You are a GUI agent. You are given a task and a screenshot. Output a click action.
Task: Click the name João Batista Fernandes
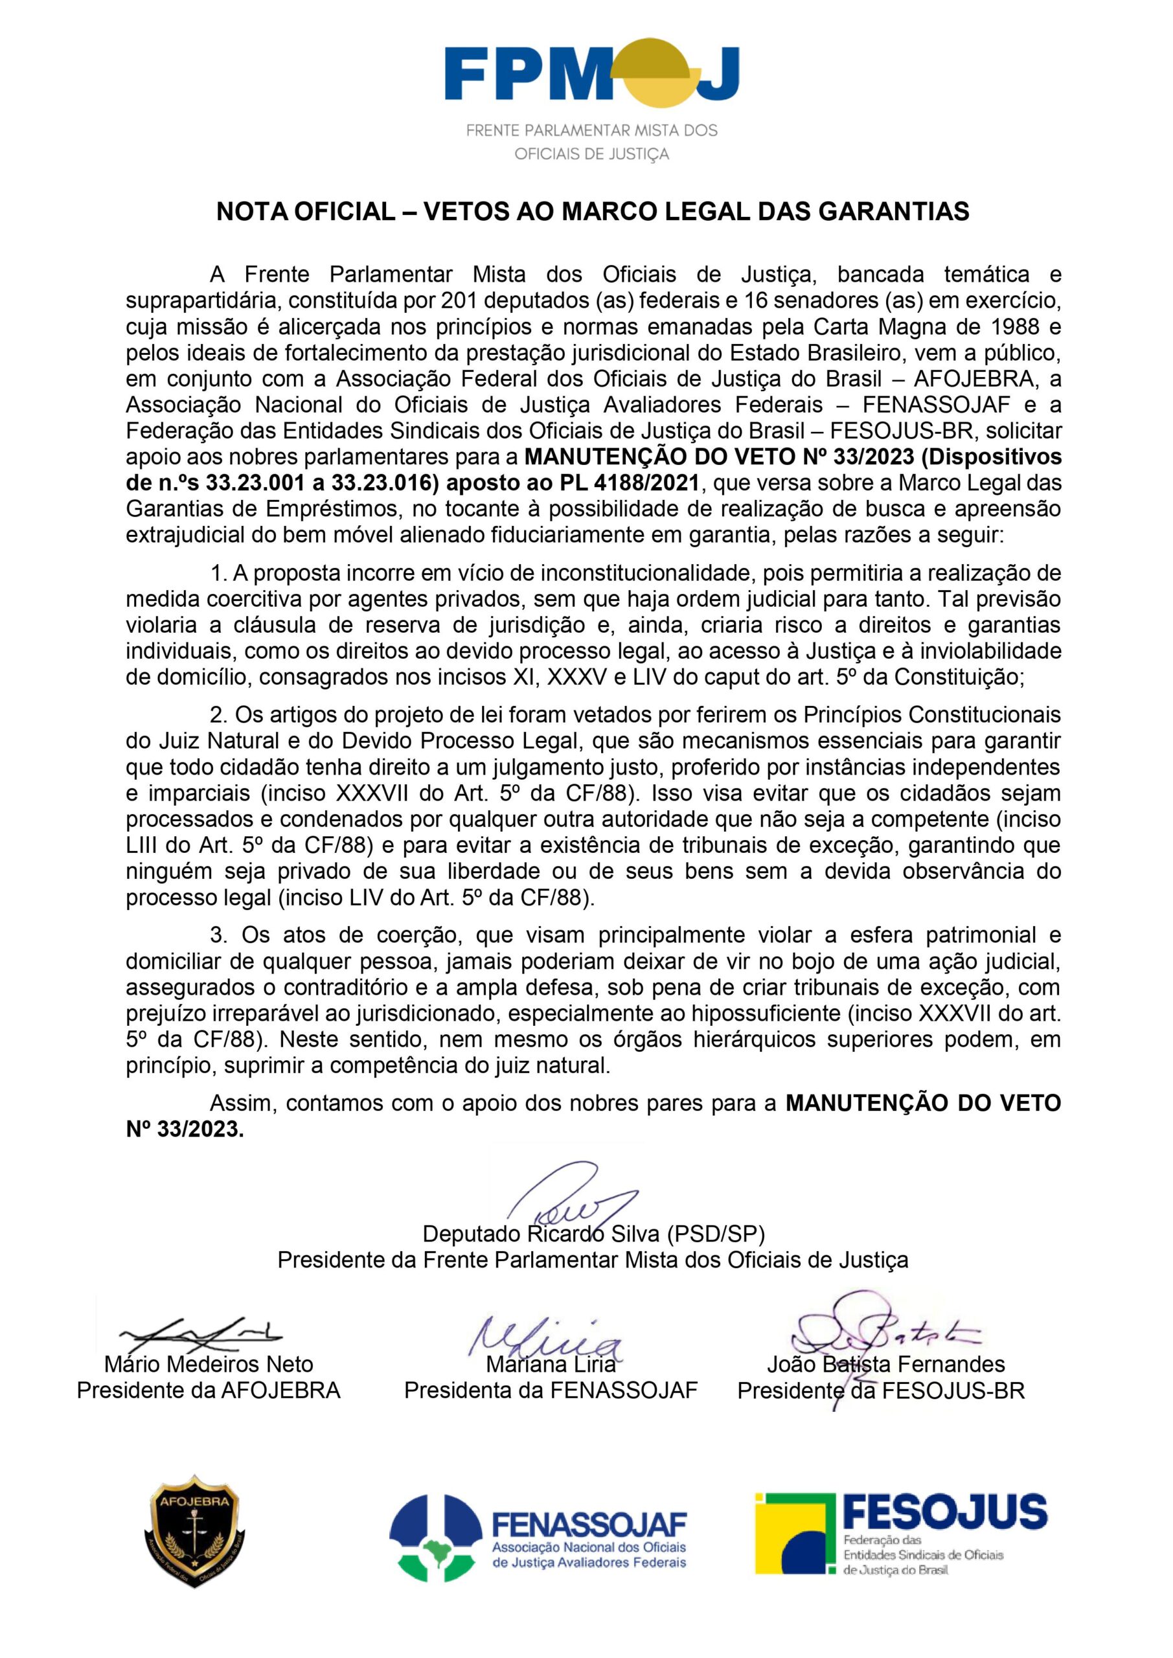(885, 1364)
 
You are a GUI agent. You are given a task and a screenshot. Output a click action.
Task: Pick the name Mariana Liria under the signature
(551, 1364)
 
